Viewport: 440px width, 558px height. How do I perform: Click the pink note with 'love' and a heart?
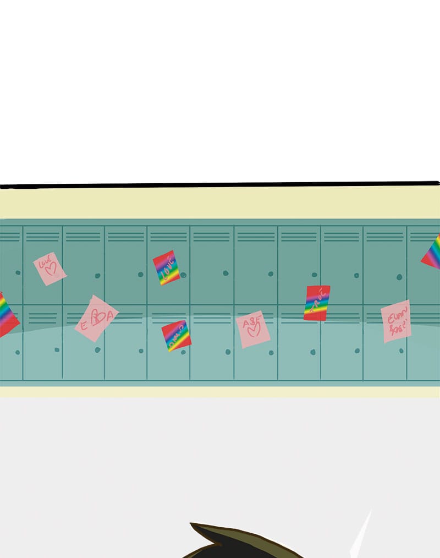tap(50, 269)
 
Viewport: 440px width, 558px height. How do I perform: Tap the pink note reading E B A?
tap(96, 318)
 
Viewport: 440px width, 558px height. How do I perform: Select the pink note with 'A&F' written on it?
tap(253, 329)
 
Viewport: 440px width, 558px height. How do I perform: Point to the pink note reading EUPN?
tap(396, 321)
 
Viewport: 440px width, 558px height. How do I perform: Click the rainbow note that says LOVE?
tap(166, 267)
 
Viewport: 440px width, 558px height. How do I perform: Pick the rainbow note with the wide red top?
tap(317, 302)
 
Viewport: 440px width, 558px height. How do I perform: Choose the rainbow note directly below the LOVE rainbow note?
tap(176, 336)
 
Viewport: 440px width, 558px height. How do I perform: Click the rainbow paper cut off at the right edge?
tap(432, 253)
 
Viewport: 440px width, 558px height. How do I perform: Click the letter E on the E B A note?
tap(84, 325)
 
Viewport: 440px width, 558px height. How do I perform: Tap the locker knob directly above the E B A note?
tap(97, 275)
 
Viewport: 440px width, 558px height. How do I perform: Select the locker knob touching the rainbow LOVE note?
tap(183, 275)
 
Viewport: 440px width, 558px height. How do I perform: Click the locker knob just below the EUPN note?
tap(401, 351)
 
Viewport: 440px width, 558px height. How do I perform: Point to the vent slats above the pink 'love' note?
tap(42, 237)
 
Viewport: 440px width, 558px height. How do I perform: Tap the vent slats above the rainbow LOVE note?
tap(168, 237)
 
